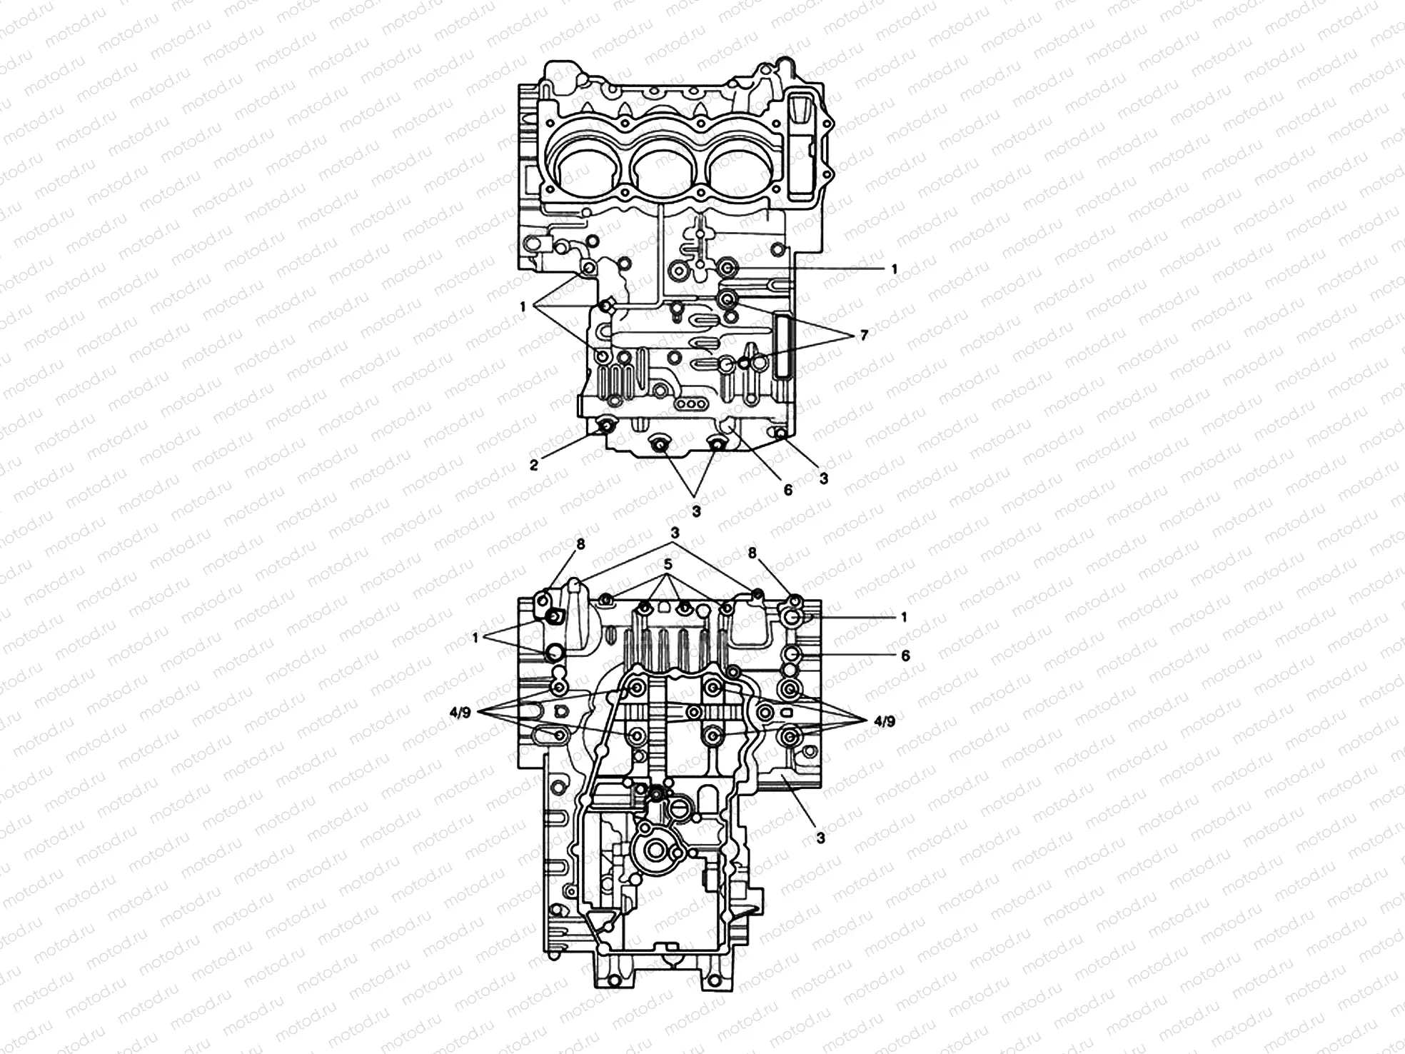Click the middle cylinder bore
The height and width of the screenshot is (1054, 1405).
click(x=667, y=174)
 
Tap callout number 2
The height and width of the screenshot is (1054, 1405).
click(x=534, y=466)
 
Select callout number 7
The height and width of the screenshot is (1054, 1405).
click(x=864, y=334)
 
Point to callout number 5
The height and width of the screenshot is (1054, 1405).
click(x=668, y=564)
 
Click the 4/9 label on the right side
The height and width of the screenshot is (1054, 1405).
click(x=884, y=721)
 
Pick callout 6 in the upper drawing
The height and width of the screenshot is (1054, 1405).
click(x=787, y=490)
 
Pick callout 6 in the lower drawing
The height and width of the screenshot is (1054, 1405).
click(x=905, y=655)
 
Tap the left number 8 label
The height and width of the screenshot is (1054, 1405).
click(x=580, y=544)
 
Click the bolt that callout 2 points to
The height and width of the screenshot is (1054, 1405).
click(x=607, y=428)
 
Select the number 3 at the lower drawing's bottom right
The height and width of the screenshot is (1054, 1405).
click(x=821, y=838)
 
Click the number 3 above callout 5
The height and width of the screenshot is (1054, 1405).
click(x=675, y=533)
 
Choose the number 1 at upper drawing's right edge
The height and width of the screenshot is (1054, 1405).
click(x=894, y=269)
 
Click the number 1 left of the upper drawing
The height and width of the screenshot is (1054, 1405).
click(x=523, y=306)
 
